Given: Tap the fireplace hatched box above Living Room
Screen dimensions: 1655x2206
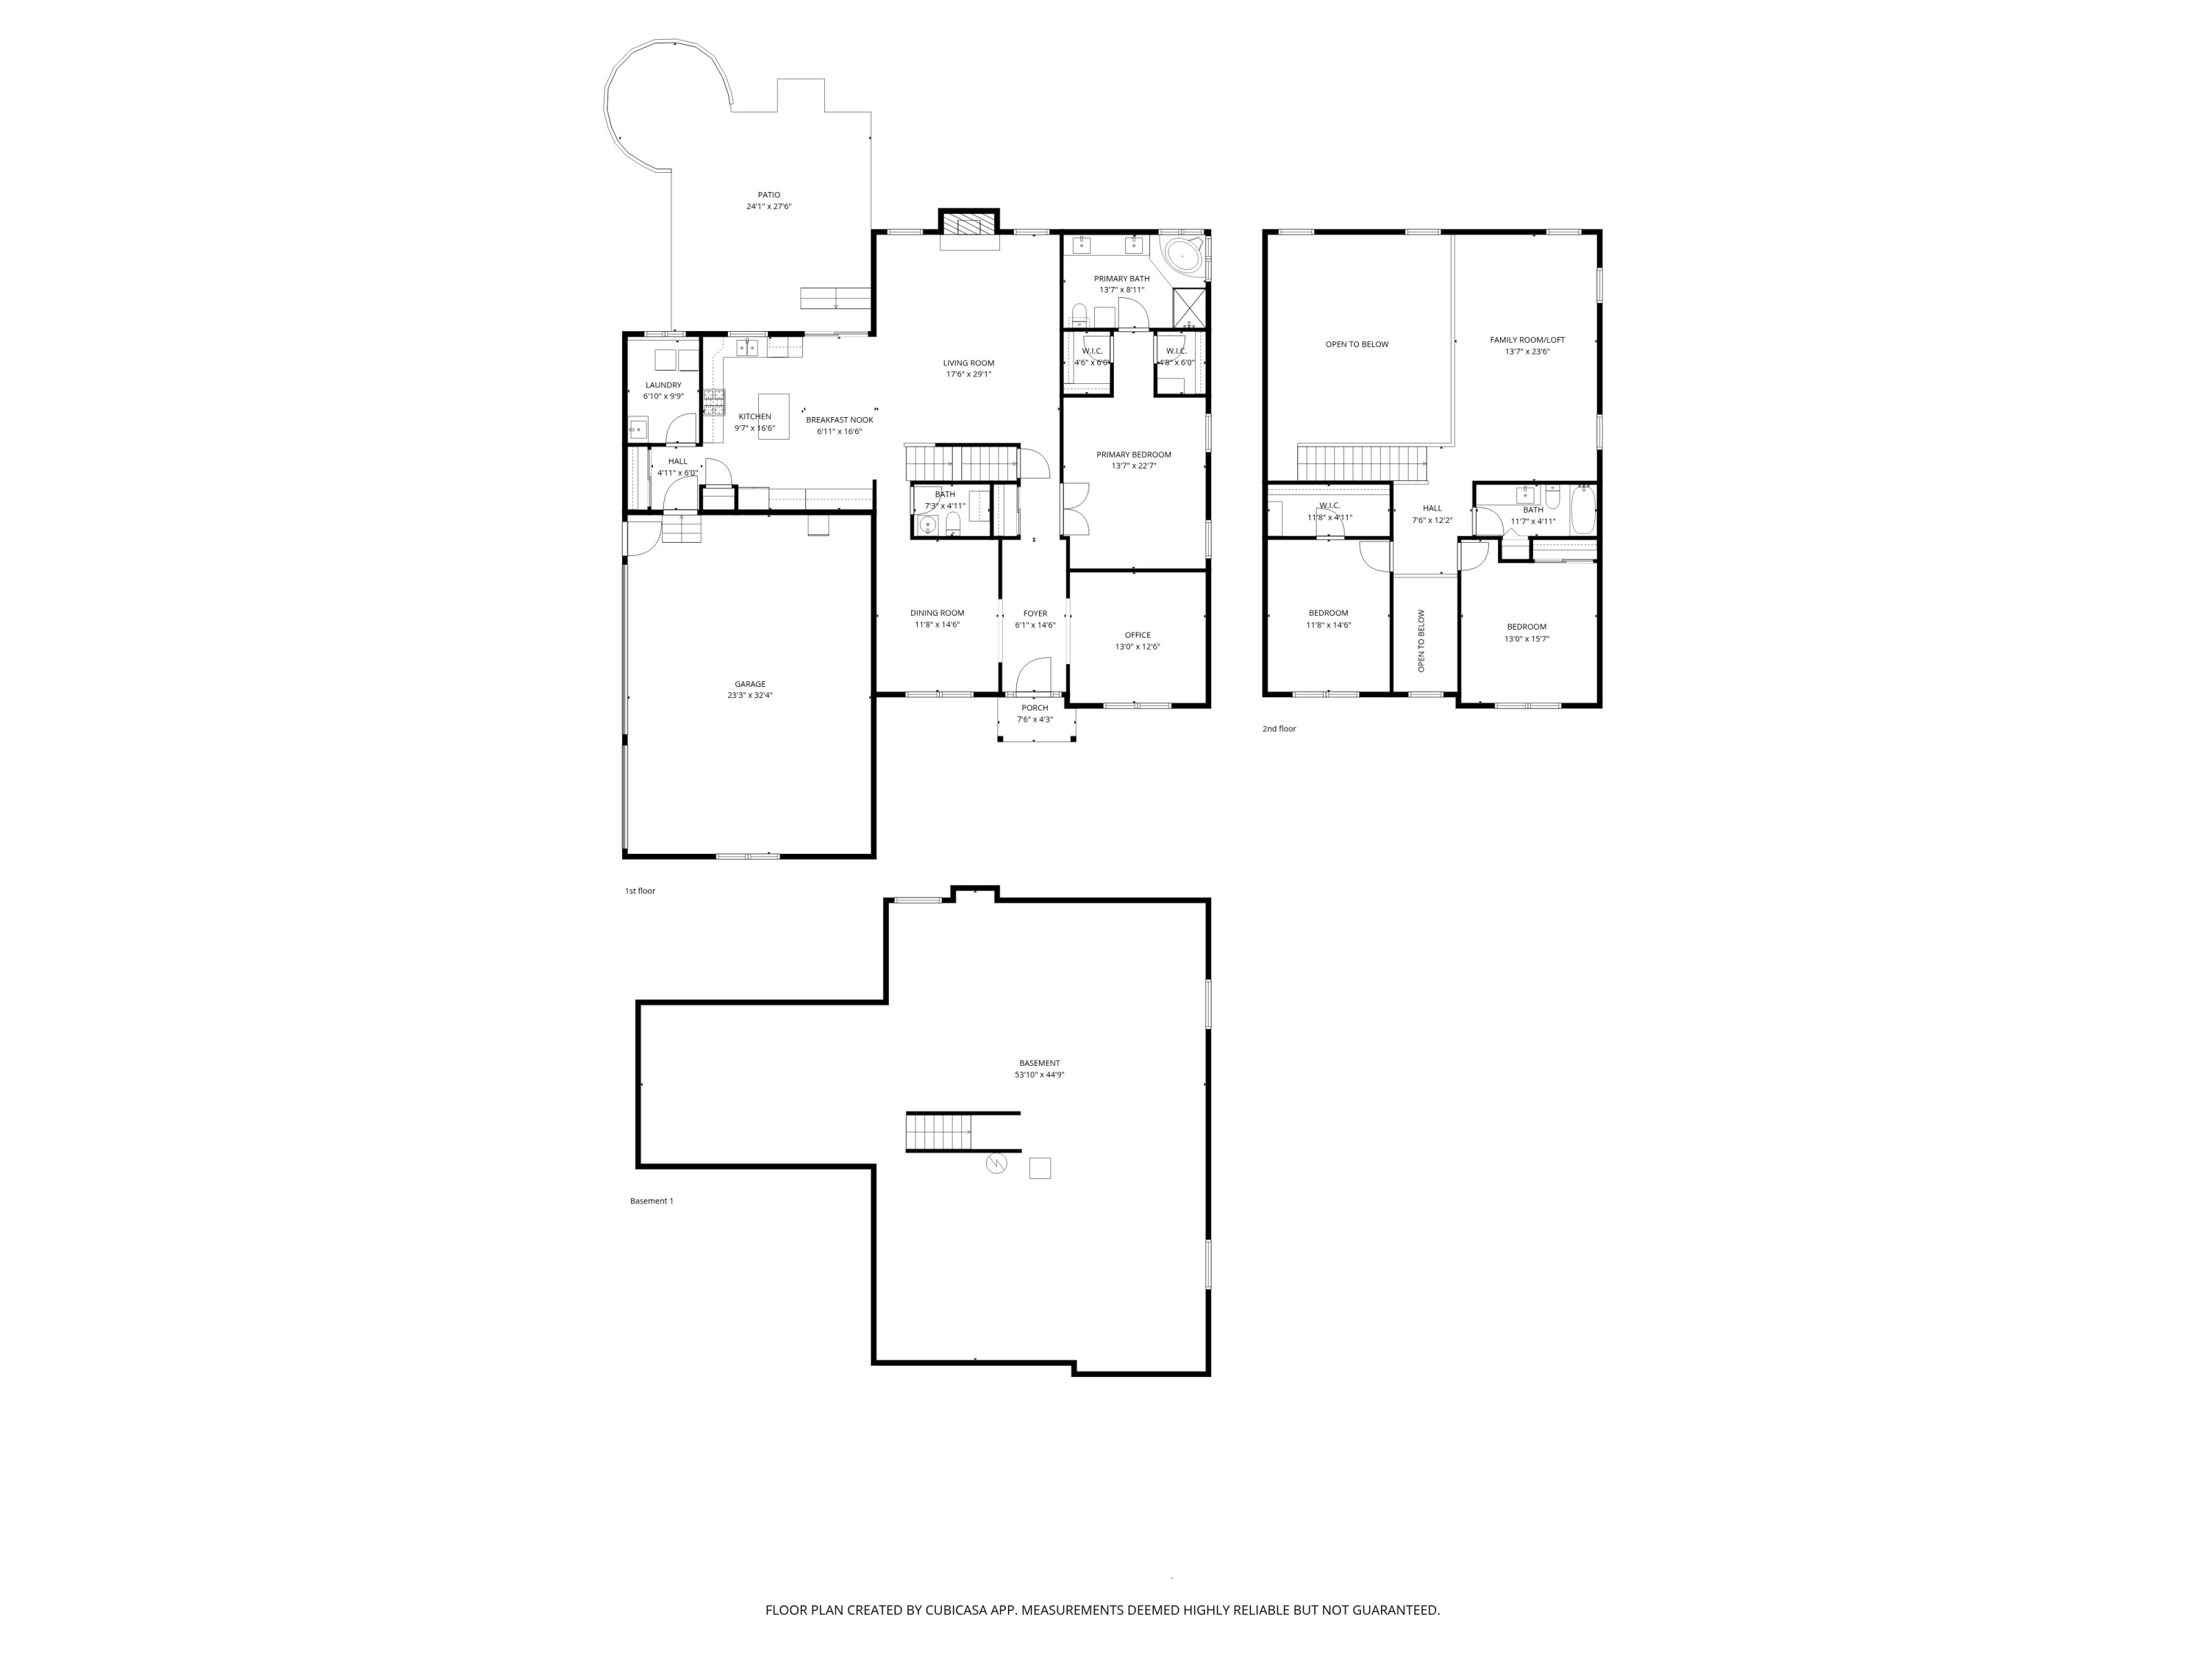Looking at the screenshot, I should click(968, 224).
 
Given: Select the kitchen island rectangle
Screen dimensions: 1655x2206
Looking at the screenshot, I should click(774, 416).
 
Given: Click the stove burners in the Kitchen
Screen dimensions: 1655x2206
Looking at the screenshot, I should click(713, 402).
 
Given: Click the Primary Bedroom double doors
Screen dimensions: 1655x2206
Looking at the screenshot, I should click(1075, 510).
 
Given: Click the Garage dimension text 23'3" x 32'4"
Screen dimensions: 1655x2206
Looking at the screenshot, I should click(750, 695).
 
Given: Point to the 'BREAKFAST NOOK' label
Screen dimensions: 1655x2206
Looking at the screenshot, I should click(839, 420).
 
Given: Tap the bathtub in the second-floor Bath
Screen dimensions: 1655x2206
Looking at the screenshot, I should click(1582, 509).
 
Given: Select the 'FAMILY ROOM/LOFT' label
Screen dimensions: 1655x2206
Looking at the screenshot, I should click(1527, 340).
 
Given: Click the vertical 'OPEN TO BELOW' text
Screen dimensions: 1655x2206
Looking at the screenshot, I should click(1421, 641).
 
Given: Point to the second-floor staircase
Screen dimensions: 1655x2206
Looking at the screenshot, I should click(1360, 463).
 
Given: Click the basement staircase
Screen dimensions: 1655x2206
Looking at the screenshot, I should click(938, 1132).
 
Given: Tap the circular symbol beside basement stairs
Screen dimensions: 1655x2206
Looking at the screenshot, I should click(996, 1163).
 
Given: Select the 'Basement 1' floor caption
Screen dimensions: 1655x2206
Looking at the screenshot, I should click(652, 1201).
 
